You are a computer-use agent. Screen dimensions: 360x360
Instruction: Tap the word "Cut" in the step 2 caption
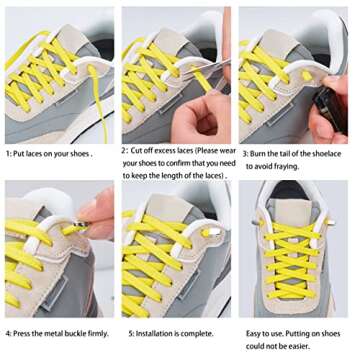pos(139,150)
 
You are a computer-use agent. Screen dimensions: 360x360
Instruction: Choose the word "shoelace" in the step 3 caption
pos(320,154)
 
